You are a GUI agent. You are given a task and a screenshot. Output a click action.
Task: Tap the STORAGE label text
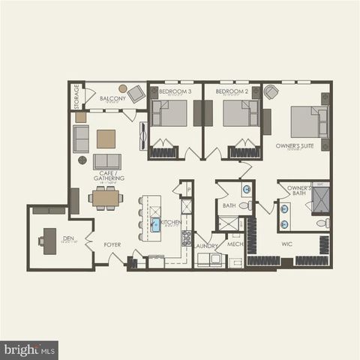click(76, 97)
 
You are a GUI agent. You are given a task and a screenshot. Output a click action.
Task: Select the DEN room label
click(67, 238)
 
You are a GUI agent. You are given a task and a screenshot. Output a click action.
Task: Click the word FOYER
click(112, 244)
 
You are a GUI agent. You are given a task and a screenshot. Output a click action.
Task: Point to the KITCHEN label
click(172, 222)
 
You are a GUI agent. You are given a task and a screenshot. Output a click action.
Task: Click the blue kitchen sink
click(156, 223)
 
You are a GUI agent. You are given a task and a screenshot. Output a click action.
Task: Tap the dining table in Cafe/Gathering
click(106, 198)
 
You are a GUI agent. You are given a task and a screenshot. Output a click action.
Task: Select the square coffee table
click(106, 139)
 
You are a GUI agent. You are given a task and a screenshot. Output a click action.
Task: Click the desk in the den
click(49, 240)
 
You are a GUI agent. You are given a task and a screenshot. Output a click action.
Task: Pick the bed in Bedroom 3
click(171, 113)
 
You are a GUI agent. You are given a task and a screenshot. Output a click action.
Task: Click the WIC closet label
click(286, 244)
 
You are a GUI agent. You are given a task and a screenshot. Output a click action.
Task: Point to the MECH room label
click(235, 244)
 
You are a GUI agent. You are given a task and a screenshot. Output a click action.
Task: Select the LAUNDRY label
click(206, 245)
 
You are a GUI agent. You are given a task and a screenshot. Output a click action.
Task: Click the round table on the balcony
click(122, 88)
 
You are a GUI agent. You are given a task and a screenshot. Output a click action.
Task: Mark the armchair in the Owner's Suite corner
click(271, 92)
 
